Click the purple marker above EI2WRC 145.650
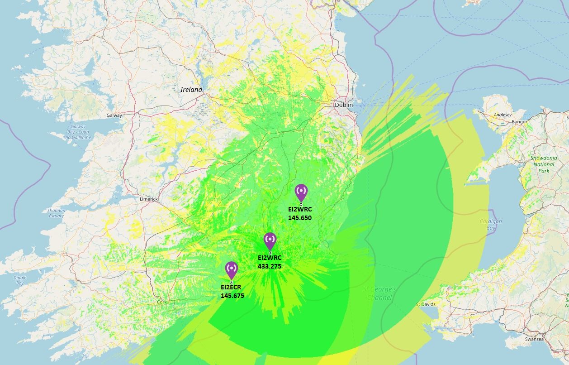pos(301,192)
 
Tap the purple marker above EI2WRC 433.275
pos(270,240)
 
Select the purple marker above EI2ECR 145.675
pos(232,269)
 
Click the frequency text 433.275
pos(270,266)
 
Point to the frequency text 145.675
pos(232,296)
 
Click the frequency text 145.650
pos(300,218)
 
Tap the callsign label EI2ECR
pos(231,287)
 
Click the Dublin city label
pos(344,105)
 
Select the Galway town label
pos(114,115)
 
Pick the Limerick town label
pos(149,199)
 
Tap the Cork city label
pos(161,302)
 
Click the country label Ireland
pos(191,90)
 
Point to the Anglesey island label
pos(502,115)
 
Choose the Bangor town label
pos(519,122)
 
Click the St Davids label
pos(426,304)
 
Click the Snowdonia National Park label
pos(544,164)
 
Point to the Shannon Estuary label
pos(56,213)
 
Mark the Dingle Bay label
pos(19,280)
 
